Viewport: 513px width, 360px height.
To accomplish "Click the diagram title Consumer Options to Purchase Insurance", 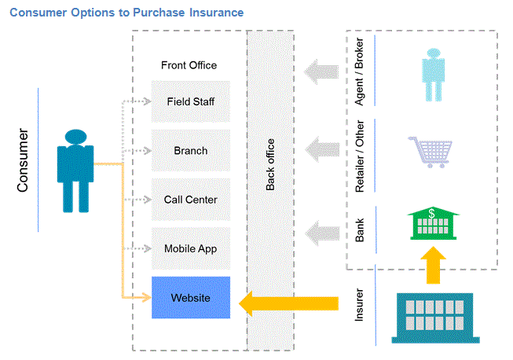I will point(126,13).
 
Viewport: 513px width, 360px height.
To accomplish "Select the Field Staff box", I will point(191,101).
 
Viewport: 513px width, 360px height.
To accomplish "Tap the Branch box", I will point(191,150).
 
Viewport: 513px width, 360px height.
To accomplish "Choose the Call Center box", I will point(191,200).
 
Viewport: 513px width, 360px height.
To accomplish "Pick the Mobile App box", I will point(191,248).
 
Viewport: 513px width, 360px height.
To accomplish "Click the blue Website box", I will point(191,298).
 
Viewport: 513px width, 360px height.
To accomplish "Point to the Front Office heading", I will point(189,65).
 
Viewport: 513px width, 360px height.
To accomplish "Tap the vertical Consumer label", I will point(24,160).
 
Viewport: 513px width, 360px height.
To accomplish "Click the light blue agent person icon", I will point(432,75).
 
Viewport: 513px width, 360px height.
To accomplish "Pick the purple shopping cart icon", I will point(431,152).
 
